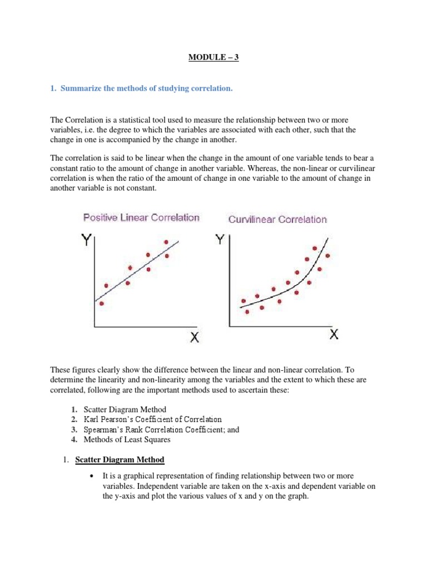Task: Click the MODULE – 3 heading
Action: [x=213, y=57]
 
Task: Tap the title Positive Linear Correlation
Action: [x=141, y=217]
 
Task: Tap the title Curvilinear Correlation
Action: [x=277, y=219]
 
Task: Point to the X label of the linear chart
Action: [x=194, y=337]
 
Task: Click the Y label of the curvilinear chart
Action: [x=221, y=239]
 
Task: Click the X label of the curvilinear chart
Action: [x=334, y=334]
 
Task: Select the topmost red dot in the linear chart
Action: [x=166, y=242]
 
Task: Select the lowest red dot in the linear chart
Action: [x=101, y=303]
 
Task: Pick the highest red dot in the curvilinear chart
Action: [x=315, y=248]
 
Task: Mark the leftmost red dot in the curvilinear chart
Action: [x=243, y=301]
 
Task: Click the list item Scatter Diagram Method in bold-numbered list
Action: [x=125, y=409]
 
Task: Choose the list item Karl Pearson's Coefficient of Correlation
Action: [x=152, y=419]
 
